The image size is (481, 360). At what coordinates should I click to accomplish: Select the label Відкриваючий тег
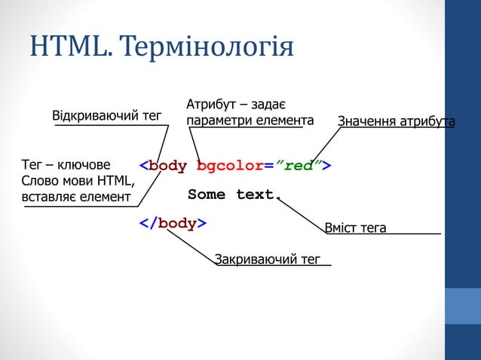106,116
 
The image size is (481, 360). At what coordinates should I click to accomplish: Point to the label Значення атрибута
396,121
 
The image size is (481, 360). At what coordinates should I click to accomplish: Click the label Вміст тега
354,227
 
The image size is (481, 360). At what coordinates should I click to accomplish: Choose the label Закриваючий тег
268,260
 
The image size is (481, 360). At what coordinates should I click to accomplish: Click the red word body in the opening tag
167,166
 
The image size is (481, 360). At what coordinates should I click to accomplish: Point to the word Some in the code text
206,194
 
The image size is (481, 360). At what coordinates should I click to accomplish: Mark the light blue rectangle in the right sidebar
462,305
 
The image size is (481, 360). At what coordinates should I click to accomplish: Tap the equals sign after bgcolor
269,166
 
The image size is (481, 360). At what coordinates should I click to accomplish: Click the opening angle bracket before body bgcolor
143,166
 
